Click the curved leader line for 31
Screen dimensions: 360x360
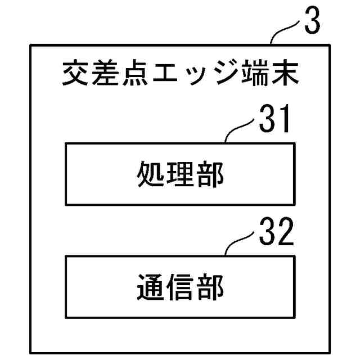click(240, 128)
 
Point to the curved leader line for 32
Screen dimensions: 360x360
click(240, 242)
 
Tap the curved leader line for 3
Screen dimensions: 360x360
click(286, 33)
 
